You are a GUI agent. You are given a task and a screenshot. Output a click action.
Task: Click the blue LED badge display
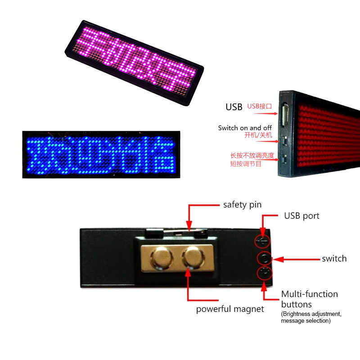pos(98,154)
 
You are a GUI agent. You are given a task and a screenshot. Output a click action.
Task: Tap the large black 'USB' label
pos(234,107)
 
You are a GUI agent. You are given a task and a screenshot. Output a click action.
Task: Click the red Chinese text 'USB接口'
pos(260,107)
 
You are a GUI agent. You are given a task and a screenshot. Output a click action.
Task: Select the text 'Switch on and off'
pos(245,128)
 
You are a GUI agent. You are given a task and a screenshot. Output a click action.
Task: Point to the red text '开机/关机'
pos(258,135)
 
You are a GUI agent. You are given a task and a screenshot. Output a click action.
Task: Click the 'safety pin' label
pos(242,205)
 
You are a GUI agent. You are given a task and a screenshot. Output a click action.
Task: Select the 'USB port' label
pos(301,216)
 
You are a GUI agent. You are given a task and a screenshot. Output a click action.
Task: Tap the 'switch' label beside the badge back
pos(334,259)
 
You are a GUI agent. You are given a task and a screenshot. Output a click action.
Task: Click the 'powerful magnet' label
pos(230,309)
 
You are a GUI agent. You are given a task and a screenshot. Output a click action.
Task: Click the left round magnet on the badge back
pos(161,258)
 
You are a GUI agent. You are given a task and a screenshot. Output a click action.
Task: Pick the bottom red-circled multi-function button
pos(264,273)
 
